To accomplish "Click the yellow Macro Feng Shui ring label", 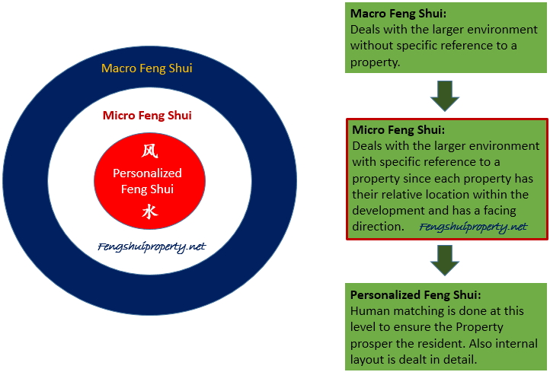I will click(147, 68).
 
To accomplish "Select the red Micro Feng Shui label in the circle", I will click(147, 116).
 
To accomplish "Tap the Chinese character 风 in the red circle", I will click(149, 151).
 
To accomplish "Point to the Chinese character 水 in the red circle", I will click(149, 212).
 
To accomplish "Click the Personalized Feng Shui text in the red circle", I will click(148, 181).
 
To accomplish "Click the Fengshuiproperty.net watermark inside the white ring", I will click(152, 246).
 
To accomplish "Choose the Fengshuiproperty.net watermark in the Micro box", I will click(473, 227).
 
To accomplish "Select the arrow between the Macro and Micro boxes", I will click(446, 95).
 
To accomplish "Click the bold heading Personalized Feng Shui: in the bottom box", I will click(415, 294).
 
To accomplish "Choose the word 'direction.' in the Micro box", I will click(377, 227).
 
